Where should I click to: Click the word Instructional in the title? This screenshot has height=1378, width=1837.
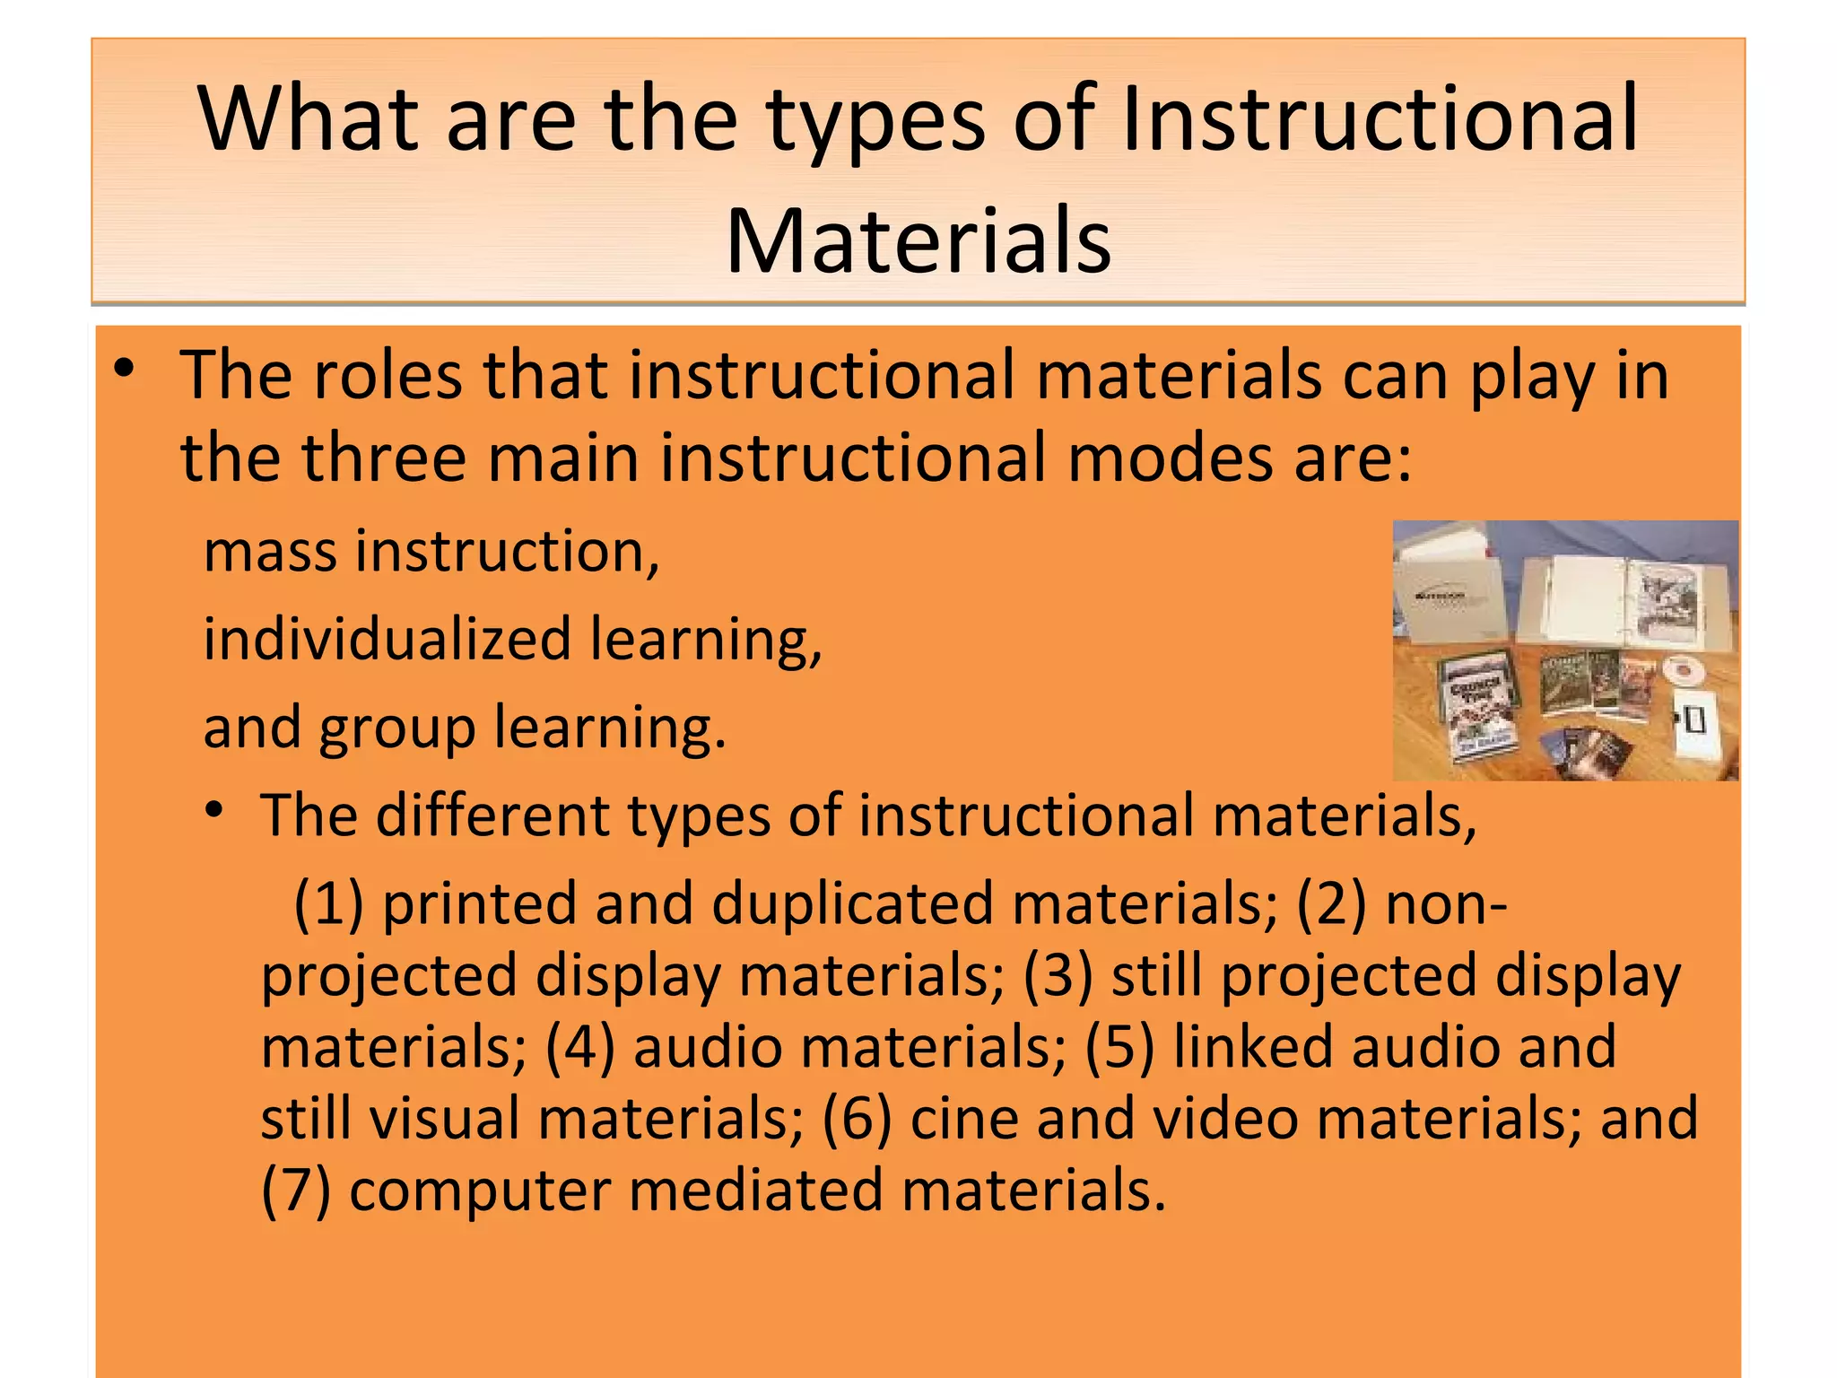pos(1380,119)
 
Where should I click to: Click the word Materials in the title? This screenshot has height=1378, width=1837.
pos(918,240)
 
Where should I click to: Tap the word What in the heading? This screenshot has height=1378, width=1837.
pos(309,119)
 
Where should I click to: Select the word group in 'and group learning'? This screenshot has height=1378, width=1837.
pos(397,728)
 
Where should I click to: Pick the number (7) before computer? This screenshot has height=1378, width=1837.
pos(296,1191)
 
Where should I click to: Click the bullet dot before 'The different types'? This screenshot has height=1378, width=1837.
pos(213,811)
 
